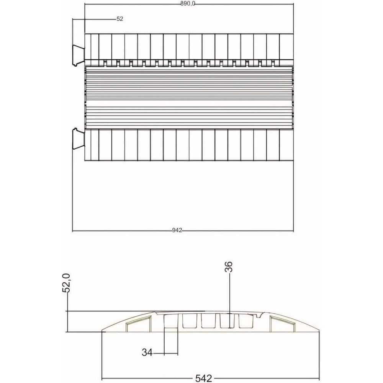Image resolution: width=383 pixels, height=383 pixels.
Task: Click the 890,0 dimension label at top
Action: [188, 3]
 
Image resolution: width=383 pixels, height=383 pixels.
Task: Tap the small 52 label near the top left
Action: [119, 19]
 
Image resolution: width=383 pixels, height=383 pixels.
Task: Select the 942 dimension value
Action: [177, 230]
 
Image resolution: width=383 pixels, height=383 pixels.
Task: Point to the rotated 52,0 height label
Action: [66, 283]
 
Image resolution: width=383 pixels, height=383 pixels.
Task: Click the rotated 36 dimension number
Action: [228, 267]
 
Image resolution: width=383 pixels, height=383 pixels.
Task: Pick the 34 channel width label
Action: [147, 352]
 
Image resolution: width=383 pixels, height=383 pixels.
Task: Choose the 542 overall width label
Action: [203, 378]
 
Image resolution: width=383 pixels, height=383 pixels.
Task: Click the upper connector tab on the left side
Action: [78, 55]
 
